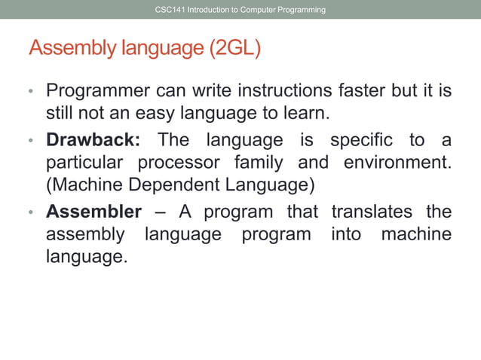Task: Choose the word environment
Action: [397, 163]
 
